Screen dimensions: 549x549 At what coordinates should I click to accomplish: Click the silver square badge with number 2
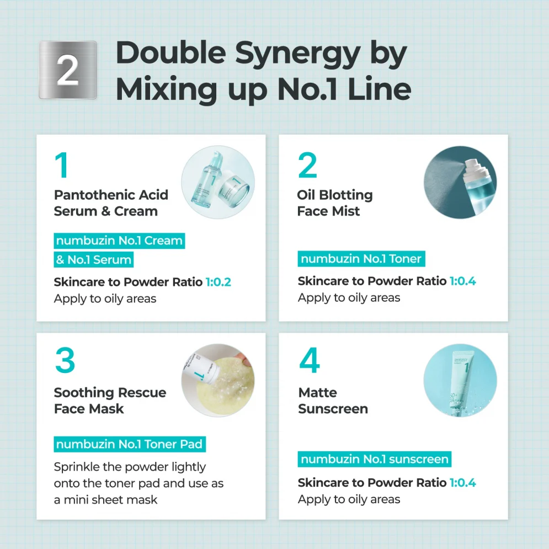pyautogui.click(x=67, y=70)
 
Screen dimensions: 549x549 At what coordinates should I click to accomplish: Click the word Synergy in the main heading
pyautogui.click(x=297, y=55)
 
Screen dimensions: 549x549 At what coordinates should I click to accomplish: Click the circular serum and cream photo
pyautogui.click(x=218, y=182)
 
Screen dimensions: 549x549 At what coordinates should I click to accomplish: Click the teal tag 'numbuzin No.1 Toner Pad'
pyautogui.click(x=130, y=444)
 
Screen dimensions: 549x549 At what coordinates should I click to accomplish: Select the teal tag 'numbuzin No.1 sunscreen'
pyautogui.click(x=374, y=459)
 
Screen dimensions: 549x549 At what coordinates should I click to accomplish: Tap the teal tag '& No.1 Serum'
pyautogui.click(x=93, y=259)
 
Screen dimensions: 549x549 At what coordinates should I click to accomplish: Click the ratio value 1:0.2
pyautogui.click(x=218, y=282)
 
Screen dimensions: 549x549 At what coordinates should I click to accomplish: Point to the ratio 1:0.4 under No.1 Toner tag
pyautogui.click(x=462, y=281)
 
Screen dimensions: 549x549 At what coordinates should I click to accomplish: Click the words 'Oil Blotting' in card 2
pyautogui.click(x=335, y=195)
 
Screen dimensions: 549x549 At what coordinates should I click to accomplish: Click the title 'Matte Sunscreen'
pyautogui.click(x=333, y=401)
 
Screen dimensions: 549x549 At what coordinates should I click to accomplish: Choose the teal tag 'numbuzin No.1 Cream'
pyautogui.click(x=119, y=241)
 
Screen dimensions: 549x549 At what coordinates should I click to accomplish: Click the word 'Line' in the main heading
pyautogui.click(x=379, y=89)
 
